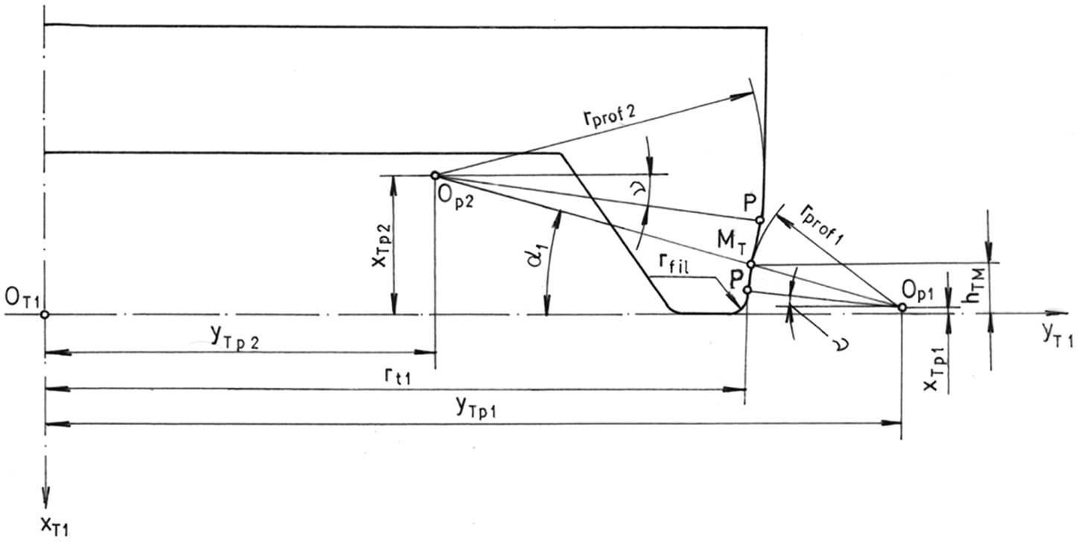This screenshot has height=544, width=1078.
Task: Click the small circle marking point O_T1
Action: click(x=44, y=315)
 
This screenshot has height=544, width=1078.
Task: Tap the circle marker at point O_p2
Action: click(x=435, y=175)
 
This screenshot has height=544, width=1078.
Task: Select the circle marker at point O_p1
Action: click(x=902, y=307)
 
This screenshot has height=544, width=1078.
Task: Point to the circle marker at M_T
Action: click(x=750, y=264)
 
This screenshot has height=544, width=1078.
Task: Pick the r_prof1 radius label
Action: click(x=823, y=224)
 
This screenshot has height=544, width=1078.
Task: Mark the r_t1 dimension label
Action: click(x=397, y=376)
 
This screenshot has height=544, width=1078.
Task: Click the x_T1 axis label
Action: click(x=55, y=528)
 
